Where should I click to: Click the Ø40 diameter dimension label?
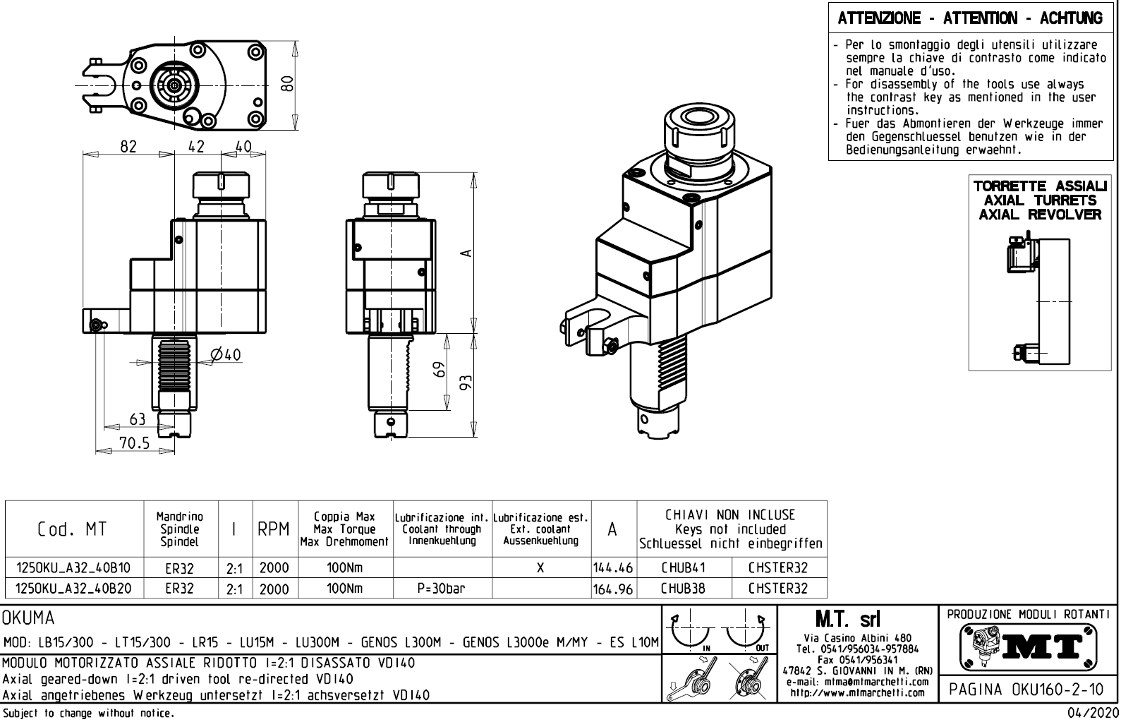click(226, 354)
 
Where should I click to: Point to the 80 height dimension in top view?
click(286, 84)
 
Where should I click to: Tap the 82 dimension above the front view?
click(128, 146)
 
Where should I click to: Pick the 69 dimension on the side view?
click(440, 370)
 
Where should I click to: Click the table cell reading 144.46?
click(614, 567)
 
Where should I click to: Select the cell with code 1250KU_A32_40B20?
click(73, 588)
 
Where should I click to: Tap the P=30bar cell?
click(442, 588)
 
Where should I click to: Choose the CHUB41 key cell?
click(683, 567)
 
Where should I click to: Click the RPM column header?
click(274, 529)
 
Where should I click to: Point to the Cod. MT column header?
click(73, 529)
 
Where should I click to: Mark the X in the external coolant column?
click(540, 567)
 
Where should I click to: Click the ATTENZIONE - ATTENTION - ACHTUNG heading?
click(970, 19)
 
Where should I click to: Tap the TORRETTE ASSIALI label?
click(1040, 186)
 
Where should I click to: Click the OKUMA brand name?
click(28, 619)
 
